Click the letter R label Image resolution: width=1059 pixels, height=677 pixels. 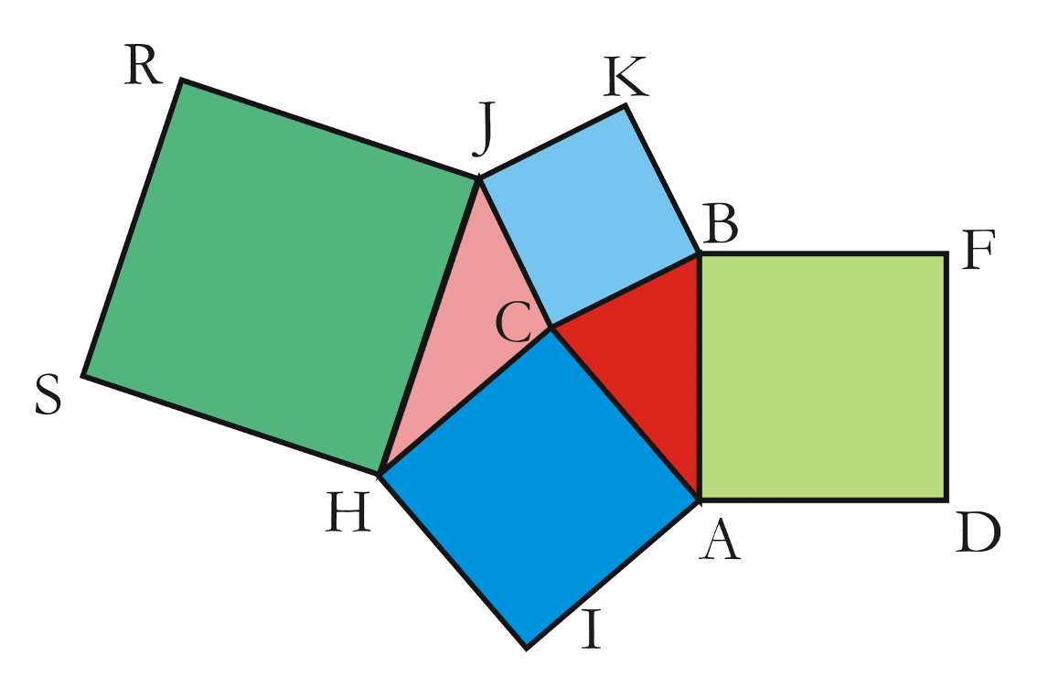[144, 66]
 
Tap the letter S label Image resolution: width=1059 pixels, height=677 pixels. [48, 394]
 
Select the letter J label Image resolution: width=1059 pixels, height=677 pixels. [483, 128]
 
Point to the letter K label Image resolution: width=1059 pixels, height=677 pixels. [626, 76]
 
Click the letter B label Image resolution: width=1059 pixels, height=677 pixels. [720, 223]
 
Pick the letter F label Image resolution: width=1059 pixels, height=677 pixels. [979, 250]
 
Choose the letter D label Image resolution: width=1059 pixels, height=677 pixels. [979, 533]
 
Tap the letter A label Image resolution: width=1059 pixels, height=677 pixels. [720, 539]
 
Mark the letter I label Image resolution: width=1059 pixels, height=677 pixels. [592, 629]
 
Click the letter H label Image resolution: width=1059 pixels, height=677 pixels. [348, 513]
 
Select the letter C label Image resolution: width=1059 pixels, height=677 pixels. [513, 322]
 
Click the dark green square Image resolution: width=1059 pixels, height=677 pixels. [280, 276]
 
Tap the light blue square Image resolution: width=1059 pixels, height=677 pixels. [589, 215]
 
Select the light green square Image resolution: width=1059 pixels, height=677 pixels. [823, 377]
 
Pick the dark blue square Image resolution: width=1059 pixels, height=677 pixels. [539, 488]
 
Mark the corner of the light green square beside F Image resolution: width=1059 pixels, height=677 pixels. [947, 254]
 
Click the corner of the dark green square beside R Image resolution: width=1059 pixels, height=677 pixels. [182, 80]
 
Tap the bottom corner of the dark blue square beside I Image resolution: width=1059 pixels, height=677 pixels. [526, 649]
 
